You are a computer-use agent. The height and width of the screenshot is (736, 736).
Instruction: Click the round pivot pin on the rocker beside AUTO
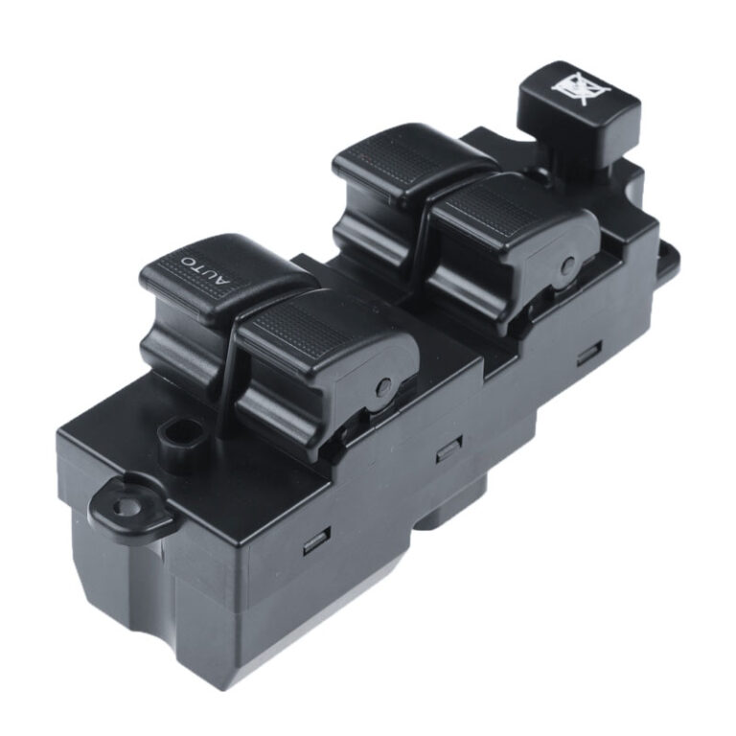pos(383,387)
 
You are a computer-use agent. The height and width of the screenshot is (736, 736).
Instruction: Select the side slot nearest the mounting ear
pos(316,541)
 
